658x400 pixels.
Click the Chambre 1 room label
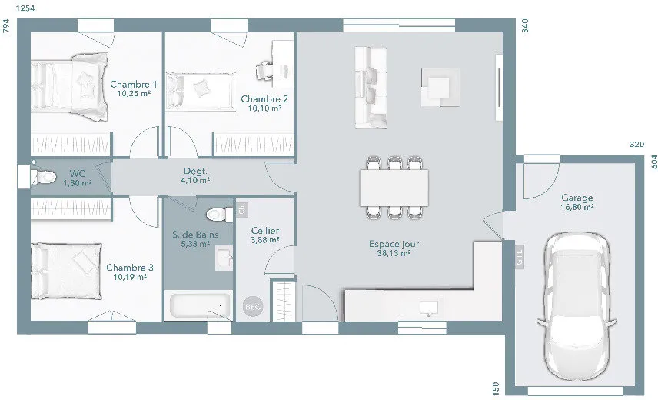click(134, 85)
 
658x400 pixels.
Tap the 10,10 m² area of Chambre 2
click(264, 108)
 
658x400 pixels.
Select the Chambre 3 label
click(130, 268)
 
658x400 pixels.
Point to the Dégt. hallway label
click(195, 172)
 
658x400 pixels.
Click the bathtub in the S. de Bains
click(200, 306)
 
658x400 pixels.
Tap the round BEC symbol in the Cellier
click(253, 307)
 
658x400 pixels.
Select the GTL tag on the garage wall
click(520, 256)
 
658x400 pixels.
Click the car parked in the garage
click(577, 306)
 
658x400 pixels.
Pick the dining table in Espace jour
click(394, 187)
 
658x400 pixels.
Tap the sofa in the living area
click(371, 87)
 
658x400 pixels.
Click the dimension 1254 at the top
click(25, 8)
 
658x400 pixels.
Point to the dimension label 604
click(654, 162)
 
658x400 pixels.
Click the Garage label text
click(577, 197)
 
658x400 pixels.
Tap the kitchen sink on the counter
click(429, 308)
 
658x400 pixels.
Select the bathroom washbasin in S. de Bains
click(224, 258)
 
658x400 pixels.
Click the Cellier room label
click(265, 231)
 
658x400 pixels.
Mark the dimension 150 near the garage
click(496, 388)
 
